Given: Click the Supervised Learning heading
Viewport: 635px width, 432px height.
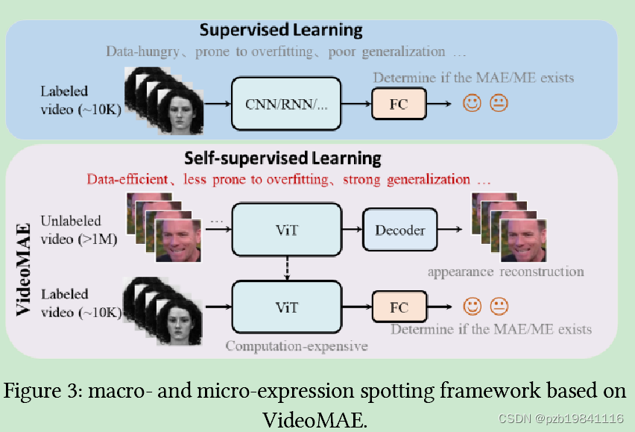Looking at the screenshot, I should pos(281,31).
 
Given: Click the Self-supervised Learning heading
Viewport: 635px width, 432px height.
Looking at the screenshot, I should pos(282,159).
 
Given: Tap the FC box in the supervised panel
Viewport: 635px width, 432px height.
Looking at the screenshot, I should pos(399,104).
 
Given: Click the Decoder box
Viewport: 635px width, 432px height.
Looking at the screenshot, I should pos(399,230).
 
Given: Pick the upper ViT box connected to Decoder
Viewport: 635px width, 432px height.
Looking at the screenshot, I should pos(287,230).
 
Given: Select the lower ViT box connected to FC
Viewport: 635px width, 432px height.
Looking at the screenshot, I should pos(287,307).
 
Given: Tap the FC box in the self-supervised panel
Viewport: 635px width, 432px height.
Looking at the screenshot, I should pos(400,307).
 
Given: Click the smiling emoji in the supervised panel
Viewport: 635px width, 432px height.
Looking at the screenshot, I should pos(472,104).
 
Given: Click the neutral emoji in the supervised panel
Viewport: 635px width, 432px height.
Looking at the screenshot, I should pos(499,104).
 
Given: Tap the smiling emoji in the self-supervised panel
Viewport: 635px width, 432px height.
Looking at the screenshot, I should pos(472,306).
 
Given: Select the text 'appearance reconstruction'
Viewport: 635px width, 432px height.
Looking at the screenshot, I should pos(505,272).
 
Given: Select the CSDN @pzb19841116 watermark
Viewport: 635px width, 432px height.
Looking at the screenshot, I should pos(560,419).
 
